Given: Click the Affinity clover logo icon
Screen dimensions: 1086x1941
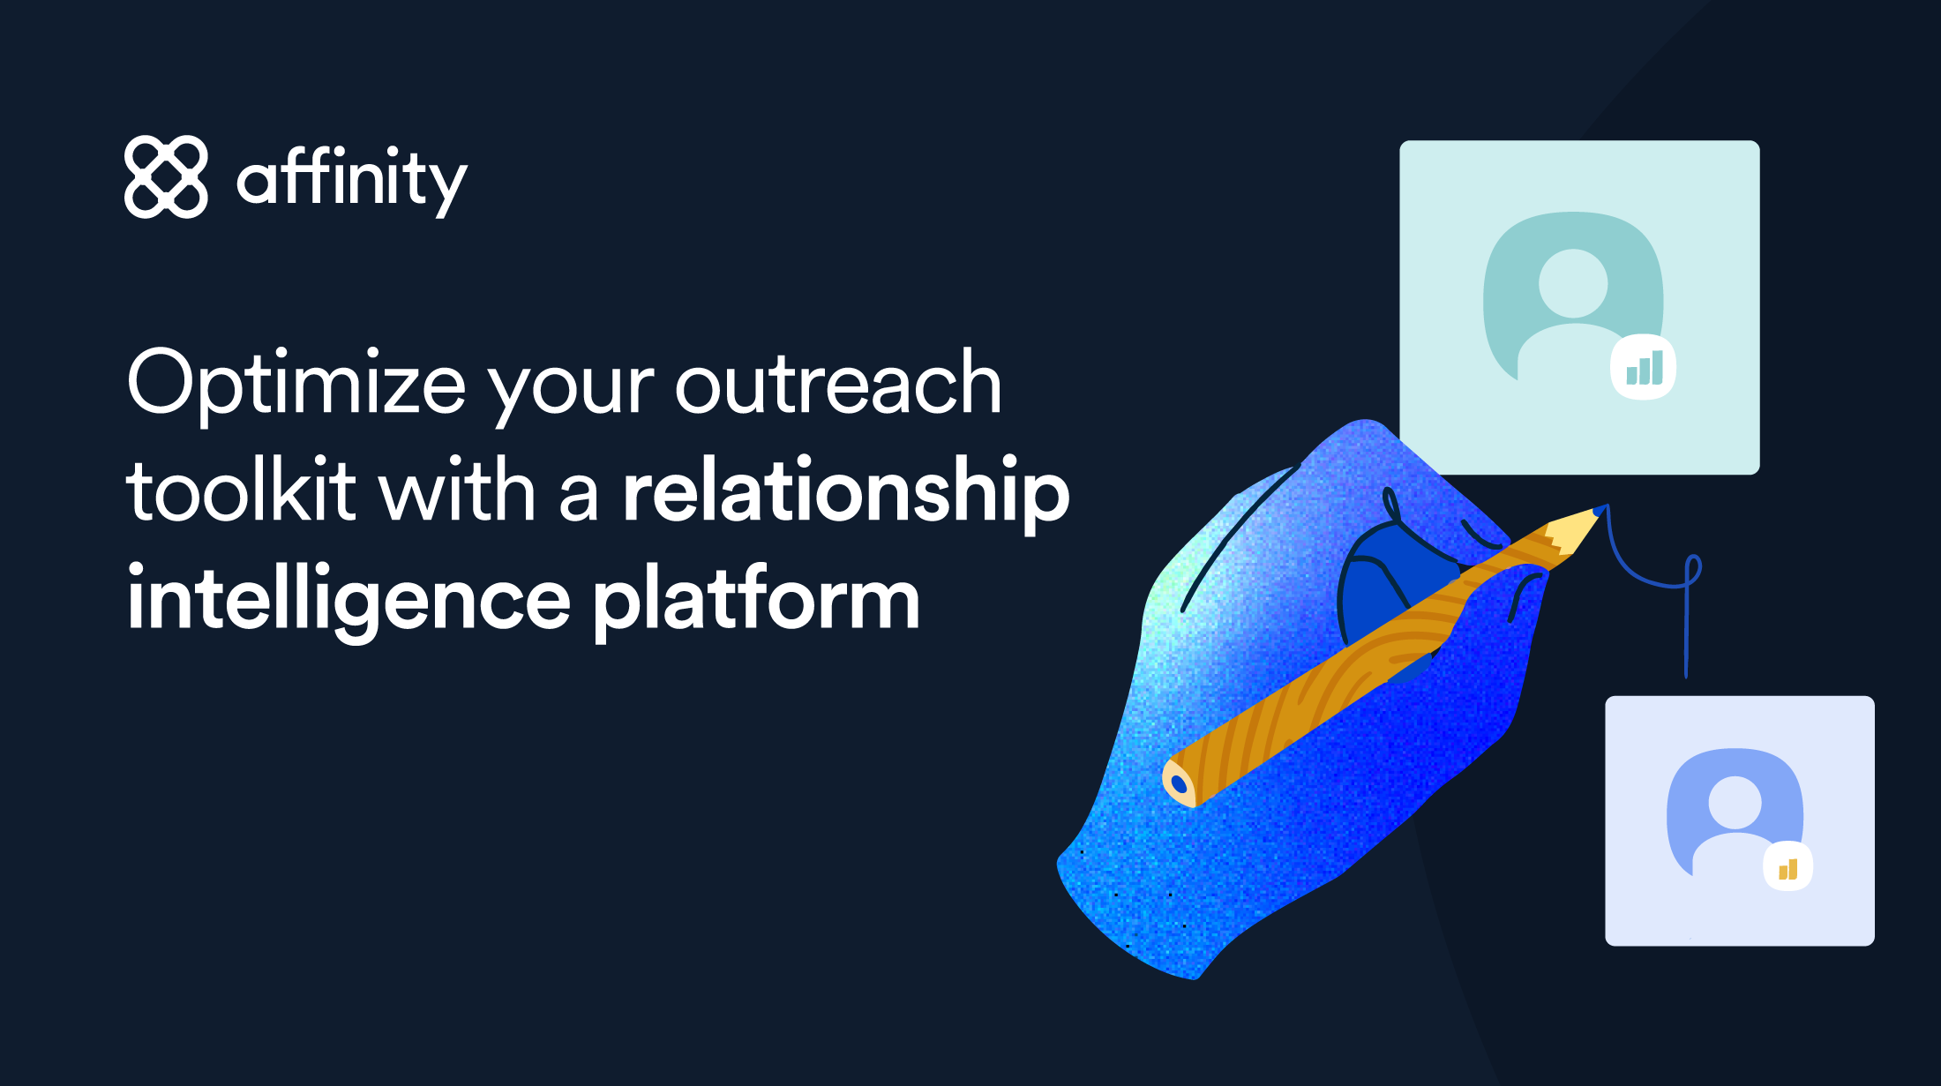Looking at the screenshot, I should click(x=166, y=176).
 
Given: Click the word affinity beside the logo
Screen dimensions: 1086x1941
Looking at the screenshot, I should click(x=351, y=180).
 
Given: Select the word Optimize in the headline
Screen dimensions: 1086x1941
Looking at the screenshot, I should click(x=296, y=383).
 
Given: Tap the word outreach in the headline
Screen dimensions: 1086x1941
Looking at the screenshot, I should click(x=838, y=383).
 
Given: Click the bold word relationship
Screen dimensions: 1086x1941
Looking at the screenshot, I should click(x=845, y=492).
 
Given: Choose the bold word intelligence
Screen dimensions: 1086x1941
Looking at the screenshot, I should click(x=349, y=600).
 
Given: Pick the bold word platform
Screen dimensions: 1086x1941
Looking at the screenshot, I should click(x=757, y=600).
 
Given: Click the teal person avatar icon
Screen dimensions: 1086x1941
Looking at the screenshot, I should click(x=1572, y=296).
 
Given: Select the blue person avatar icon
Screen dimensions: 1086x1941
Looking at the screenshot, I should click(x=1734, y=812).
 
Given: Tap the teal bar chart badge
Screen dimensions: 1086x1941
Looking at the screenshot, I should click(x=1644, y=367).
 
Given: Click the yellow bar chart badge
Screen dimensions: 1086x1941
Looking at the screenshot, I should click(x=1787, y=867).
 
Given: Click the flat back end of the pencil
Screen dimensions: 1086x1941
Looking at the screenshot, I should click(x=1179, y=783).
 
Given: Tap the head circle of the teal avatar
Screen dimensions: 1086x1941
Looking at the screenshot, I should click(x=1573, y=283).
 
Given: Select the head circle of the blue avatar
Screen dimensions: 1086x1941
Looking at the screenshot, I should click(x=1735, y=802).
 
